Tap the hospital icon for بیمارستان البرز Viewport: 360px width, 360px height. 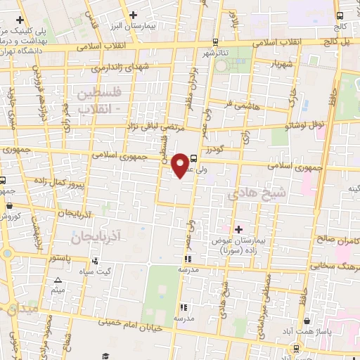[133, 15]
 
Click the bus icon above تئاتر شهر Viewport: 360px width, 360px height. [215, 41]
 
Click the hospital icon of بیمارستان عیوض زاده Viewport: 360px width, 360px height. [238, 229]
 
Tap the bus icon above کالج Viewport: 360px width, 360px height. [340, 15]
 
